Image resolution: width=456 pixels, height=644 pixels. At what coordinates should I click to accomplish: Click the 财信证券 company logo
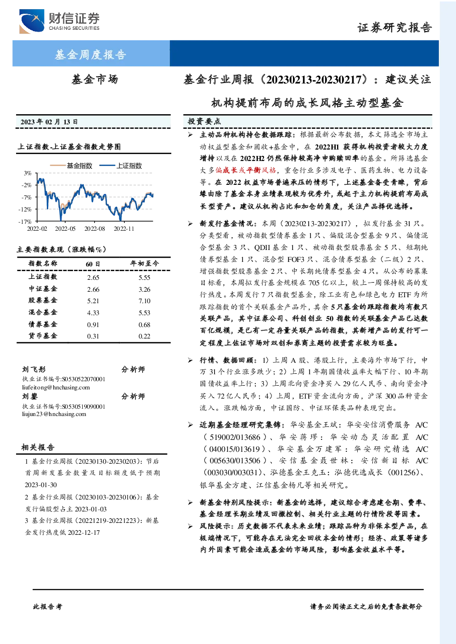click(59, 21)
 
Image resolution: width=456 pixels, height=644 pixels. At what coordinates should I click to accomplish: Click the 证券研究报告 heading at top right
click(394, 28)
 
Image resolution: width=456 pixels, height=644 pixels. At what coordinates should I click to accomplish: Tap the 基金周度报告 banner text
click(90, 54)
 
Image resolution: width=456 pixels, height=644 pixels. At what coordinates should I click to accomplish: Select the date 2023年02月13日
click(49, 122)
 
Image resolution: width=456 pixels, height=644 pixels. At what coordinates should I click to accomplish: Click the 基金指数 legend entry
click(71, 166)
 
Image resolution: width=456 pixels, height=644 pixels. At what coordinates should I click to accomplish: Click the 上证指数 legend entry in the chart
click(121, 166)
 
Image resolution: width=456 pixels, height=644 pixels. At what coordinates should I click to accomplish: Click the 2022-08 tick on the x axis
click(95, 228)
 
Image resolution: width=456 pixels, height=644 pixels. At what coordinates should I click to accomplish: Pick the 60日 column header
click(93, 264)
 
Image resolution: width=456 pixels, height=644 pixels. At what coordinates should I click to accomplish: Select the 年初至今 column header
click(144, 263)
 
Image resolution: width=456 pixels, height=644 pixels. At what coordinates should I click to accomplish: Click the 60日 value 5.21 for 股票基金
click(93, 301)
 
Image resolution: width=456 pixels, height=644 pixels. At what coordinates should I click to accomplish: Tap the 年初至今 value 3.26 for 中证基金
click(144, 289)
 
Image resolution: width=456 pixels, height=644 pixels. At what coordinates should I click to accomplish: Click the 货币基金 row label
click(43, 336)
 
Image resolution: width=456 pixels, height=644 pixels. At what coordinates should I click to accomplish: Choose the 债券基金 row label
click(43, 324)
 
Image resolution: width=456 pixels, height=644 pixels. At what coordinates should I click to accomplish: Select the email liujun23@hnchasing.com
click(54, 414)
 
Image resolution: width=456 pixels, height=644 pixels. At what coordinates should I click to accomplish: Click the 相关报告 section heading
click(38, 447)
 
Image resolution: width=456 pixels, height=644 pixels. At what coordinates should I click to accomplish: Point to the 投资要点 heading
click(204, 122)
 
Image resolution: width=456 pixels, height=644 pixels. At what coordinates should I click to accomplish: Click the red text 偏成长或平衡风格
click(246, 170)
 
